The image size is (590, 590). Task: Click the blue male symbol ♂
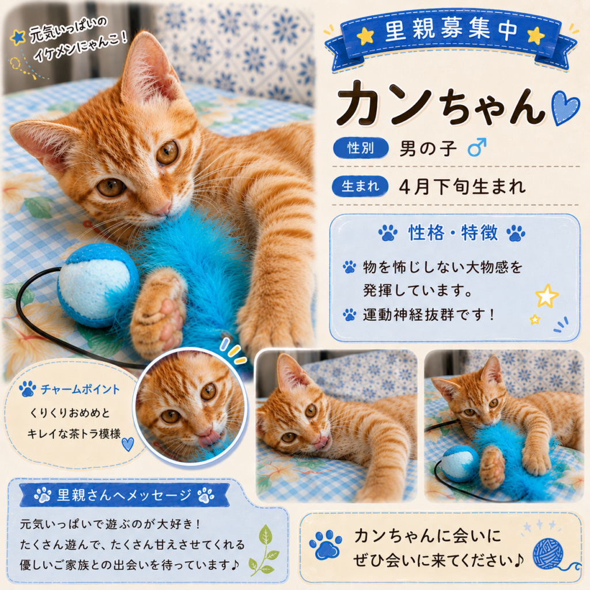(476, 147)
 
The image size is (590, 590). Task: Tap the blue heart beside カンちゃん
(565, 108)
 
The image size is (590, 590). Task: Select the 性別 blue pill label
(361, 148)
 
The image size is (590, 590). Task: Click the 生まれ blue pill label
(360, 186)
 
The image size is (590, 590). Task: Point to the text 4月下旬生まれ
(462, 186)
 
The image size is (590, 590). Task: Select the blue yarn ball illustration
(549, 554)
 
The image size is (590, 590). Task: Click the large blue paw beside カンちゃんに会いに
(326, 544)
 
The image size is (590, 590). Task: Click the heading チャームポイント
(80, 389)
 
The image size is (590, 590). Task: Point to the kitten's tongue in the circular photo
(208, 438)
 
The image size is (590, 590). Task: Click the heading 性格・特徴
(453, 233)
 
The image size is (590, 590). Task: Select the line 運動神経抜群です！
(428, 315)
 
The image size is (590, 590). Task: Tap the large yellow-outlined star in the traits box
(547, 296)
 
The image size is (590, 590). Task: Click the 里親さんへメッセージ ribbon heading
(124, 495)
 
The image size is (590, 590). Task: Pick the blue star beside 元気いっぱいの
(17, 37)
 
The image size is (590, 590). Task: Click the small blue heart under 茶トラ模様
(128, 444)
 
